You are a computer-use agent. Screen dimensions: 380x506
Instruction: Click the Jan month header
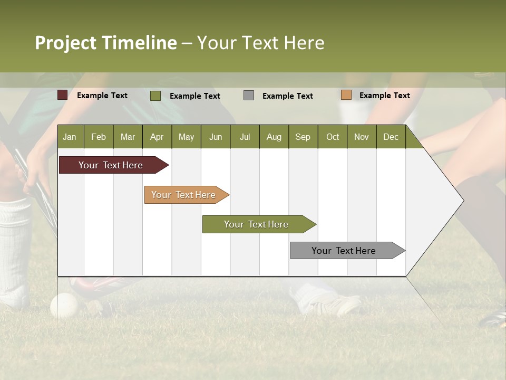70,137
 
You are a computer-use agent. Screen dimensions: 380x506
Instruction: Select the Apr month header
157,137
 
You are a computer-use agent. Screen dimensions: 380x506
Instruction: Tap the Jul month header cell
245,137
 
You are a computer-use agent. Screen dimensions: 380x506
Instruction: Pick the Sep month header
303,137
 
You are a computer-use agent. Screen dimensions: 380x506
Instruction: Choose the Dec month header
391,137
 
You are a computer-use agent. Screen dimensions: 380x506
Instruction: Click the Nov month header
361,137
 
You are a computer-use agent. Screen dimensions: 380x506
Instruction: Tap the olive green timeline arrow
257,224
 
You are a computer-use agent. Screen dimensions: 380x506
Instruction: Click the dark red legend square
62,95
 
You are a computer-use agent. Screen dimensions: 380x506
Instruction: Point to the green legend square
155,96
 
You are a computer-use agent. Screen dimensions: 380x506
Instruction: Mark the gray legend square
249,96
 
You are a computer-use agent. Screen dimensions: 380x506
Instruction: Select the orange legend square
346,95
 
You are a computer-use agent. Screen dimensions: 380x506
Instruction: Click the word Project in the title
65,43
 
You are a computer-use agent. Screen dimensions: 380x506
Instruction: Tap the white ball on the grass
64,305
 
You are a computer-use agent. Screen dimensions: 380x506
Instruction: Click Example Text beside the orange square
384,95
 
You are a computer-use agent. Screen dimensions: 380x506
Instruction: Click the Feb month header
99,137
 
